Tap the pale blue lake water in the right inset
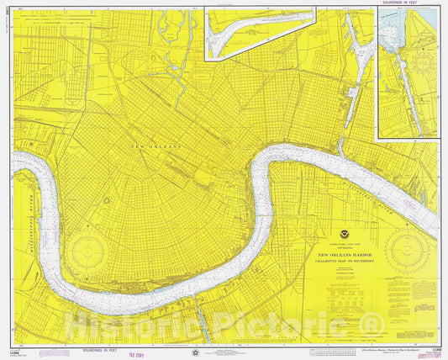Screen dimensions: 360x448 pyautogui.click(x=390, y=34)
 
